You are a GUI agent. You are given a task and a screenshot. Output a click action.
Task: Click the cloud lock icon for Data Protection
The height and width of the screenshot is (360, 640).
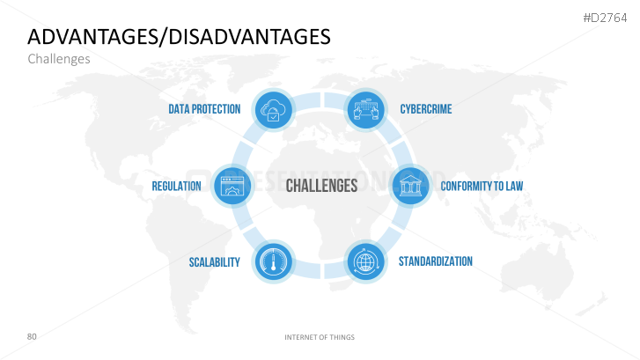(274, 110)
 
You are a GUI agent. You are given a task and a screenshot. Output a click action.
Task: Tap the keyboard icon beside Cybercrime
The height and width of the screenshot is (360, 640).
(365, 110)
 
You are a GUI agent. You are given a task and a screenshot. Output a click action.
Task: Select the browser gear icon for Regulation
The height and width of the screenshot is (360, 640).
(232, 186)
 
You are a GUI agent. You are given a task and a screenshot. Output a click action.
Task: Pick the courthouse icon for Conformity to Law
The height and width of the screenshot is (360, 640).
(410, 186)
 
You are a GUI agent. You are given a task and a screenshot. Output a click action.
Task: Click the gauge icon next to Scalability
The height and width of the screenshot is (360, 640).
(274, 261)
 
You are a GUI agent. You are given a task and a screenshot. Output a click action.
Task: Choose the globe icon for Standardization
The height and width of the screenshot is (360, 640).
(365, 261)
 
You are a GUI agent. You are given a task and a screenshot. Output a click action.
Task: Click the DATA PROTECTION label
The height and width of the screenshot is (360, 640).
(204, 109)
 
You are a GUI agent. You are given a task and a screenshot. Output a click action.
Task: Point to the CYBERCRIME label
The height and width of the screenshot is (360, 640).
(426, 109)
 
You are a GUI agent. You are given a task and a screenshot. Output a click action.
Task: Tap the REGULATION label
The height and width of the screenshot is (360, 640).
(176, 186)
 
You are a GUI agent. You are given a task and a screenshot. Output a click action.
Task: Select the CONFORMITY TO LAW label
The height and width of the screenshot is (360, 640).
(482, 186)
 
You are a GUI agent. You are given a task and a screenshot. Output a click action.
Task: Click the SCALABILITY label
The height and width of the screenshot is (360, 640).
(214, 262)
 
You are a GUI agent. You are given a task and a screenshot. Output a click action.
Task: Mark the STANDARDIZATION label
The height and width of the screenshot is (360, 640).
(436, 261)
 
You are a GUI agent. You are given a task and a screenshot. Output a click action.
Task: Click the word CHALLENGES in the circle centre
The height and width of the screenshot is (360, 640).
(321, 186)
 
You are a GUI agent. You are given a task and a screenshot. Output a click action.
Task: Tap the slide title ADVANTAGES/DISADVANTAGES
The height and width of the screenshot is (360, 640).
(179, 37)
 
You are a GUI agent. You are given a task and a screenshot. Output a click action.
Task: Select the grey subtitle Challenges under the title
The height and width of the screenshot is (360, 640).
(59, 59)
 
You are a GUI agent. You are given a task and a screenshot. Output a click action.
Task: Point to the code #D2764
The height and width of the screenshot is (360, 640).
(605, 18)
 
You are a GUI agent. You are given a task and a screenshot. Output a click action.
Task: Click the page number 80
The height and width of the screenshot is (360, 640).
(32, 336)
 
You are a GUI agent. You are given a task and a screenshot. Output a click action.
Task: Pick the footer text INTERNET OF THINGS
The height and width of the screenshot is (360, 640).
(320, 337)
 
